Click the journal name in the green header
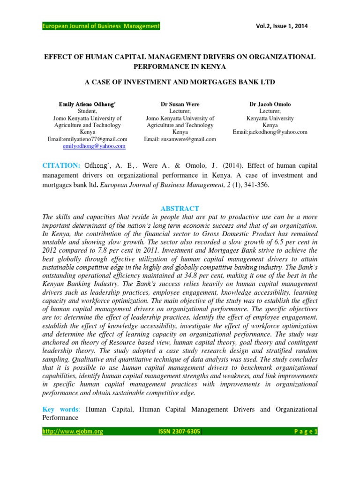(x=101, y=26)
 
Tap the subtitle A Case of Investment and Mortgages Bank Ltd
(x=180, y=82)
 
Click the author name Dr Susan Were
(x=180, y=104)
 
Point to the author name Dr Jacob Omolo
(x=270, y=104)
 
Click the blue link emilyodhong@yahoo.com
(x=94, y=146)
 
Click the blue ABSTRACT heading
(x=180, y=208)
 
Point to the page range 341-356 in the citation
(x=255, y=186)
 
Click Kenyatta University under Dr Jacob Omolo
(x=270, y=118)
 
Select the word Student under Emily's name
(x=87, y=111)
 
